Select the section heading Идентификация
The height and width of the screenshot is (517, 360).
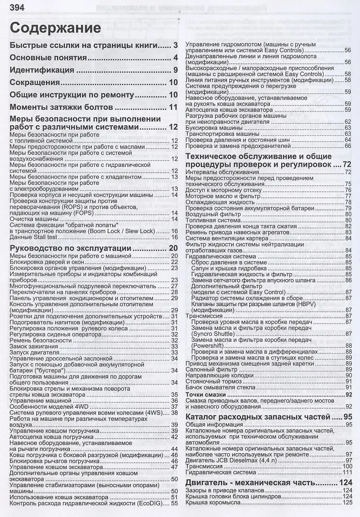pyautogui.click(x=42, y=70)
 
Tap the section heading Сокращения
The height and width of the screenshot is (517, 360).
pyautogui.click(x=38, y=83)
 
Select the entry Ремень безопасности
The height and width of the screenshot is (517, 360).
pyautogui.click(x=40, y=340)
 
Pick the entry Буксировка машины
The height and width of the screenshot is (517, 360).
pyautogui.click(x=215, y=128)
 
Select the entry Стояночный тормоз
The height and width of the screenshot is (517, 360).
pyautogui.click(x=214, y=381)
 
